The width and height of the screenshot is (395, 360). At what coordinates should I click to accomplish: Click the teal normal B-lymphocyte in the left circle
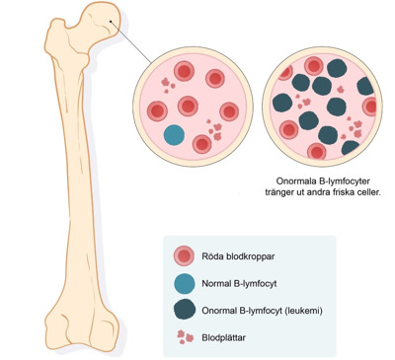tap(174, 135)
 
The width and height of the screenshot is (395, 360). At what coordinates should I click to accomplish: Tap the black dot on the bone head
tap(111, 22)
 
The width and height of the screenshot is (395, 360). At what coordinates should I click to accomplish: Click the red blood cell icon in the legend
tap(184, 256)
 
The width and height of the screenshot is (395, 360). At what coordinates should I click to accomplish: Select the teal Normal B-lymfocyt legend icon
tap(184, 283)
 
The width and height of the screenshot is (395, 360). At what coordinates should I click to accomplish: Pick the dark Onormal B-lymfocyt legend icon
tap(184, 310)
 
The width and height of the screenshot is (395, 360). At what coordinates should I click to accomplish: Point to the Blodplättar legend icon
tap(185, 337)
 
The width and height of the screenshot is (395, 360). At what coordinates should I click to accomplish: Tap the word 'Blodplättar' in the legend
tap(224, 337)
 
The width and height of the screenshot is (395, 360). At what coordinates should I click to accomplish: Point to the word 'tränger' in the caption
tap(279, 192)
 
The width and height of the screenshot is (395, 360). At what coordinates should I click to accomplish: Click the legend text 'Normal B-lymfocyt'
tap(239, 283)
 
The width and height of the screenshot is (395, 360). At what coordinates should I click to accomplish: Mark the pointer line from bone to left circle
tap(131, 42)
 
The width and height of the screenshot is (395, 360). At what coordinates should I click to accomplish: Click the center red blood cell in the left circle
tap(188, 106)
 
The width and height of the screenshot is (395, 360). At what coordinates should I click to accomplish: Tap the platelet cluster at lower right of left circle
tap(214, 130)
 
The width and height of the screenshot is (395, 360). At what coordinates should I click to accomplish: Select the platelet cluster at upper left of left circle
tap(168, 85)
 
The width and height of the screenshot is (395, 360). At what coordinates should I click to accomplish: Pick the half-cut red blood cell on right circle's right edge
tap(370, 107)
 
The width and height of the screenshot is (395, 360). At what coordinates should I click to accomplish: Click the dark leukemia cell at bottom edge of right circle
tap(351, 148)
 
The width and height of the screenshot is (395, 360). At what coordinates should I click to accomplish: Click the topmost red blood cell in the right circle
tap(313, 66)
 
